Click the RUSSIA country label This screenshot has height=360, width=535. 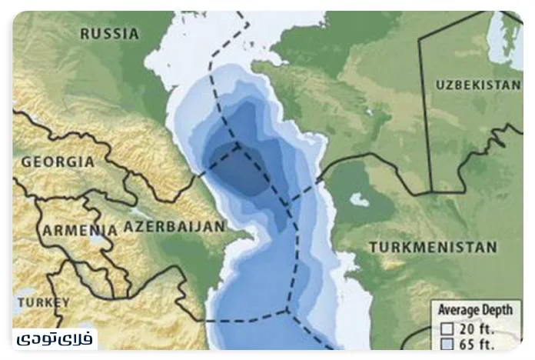click(x=110, y=34)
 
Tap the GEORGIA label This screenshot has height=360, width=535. click(x=58, y=162)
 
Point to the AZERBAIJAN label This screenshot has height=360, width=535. click(x=174, y=226)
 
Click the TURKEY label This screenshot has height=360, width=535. click(x=44, y=302)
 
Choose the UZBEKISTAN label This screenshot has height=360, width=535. click(x=477, y=85)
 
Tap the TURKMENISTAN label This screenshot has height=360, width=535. click(x=433, y=247)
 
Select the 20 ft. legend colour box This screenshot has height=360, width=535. click(x=446, y=328)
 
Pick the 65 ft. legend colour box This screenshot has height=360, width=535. click(x=446, y=344)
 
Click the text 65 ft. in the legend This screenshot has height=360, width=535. click(x=477, y=344)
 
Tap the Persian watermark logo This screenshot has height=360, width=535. click(x=55, y=338)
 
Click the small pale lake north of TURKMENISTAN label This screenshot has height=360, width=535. click(x=359, y=200)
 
